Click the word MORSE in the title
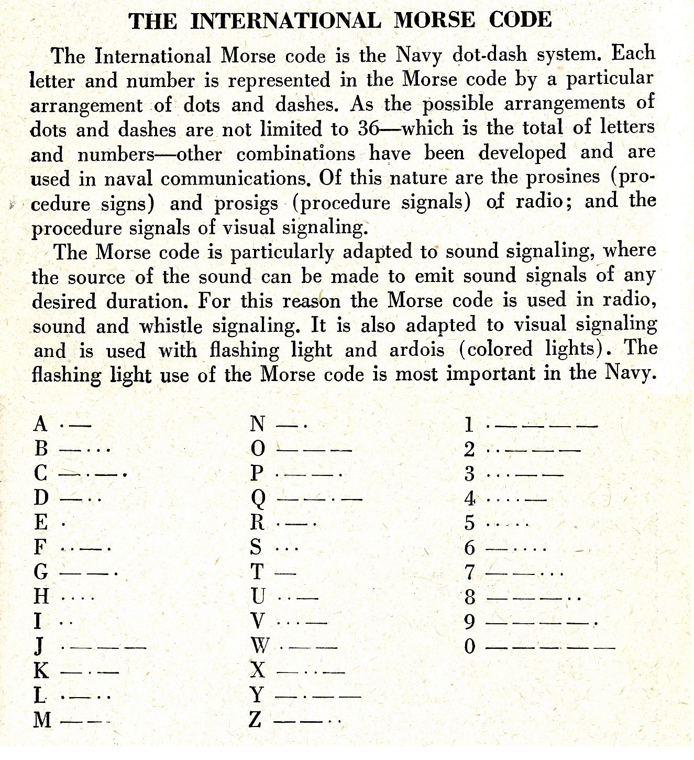tap(434, 20)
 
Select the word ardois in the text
tap(417, 350)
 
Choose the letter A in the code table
tap(40, 424)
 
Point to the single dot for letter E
tap(63, 524)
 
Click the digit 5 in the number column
tap(469, 523)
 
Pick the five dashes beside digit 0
tap(550, 648)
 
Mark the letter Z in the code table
tap(255, 720)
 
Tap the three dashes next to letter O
tap(314, 450)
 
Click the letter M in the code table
tap(42, 720)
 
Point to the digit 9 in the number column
tap(469, 622)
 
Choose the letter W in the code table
tap(259, 646)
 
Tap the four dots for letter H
tap(78, 597)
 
